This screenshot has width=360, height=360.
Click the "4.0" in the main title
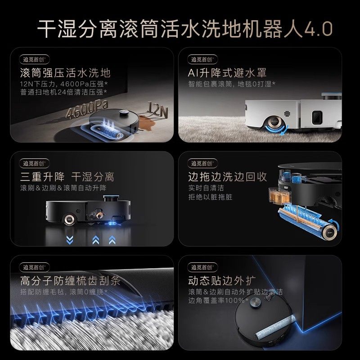(318, 29)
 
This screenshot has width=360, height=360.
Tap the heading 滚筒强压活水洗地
(65, 73)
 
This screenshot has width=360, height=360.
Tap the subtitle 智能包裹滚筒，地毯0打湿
(232, 84)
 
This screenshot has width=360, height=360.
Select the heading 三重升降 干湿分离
(67, 176)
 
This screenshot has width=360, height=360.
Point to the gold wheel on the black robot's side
(70, 219)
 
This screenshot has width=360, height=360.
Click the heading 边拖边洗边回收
(227, 176)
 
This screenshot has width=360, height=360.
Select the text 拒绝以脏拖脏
(210, 197)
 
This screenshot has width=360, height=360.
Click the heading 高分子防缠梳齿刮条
(71, 281)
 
